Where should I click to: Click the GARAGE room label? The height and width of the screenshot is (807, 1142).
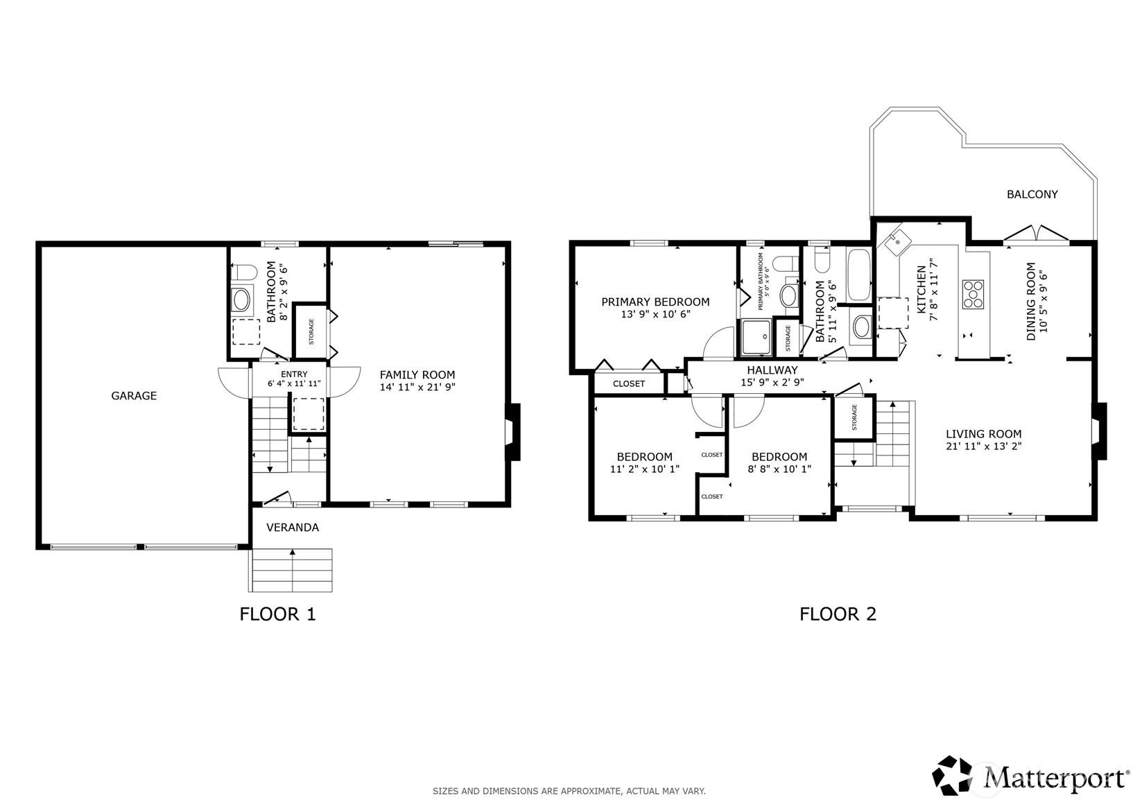pyautogui.click(x=134, y=396)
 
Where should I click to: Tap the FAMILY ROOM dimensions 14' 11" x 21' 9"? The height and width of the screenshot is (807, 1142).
pyautogui.click(x=417, y=387)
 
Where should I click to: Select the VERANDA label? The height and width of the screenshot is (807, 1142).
pyautogui.click(x=293, y=528)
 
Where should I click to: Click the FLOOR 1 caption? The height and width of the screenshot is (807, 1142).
pyautogui.click(x=278, y=614)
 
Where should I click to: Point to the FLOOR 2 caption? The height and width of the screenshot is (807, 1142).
pyautogui.click(x=838, y=614)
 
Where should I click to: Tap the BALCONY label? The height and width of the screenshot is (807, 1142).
pyautogui.click(x=1032, y=194)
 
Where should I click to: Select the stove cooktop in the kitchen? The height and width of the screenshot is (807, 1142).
pyautogui.click(x=973, y=295)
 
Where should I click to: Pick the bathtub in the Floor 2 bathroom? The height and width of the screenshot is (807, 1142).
pyautogui.click(x=858, y=275)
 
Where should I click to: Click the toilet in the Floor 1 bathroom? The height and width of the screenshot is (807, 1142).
pyautogui.click(x=243, y=272)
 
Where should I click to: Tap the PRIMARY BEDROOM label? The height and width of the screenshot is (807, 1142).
pyautogui.click(x=655, y=302)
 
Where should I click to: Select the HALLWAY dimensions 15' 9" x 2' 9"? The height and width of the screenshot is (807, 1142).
pyautogui.click(x=772, y=382)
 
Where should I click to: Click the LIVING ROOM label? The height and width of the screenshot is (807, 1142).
pyautogui.click(x=983, y=434)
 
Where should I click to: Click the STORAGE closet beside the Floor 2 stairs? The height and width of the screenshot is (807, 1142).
pyautogui.click(x=854, y=417)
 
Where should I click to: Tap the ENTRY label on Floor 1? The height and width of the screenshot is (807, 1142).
pyautogui.click(x=294, y=374)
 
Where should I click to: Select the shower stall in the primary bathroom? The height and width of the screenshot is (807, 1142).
pyautogui.click(x=756, y=337)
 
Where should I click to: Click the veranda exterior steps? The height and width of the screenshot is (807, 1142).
pyautogui.click(x=291, y=570)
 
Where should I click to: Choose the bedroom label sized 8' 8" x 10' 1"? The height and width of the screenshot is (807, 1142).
pyautogui.click(x=779, y=463)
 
